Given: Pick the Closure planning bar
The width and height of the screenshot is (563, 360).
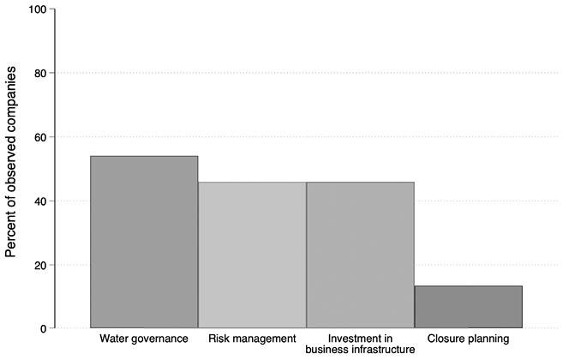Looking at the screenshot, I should point(468,307).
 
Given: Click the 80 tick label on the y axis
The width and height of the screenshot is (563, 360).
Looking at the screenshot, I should point(39,74).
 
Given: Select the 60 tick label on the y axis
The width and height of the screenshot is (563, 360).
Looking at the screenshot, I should point(39,137).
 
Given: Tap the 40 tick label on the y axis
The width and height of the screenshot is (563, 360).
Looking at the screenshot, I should point(39,201).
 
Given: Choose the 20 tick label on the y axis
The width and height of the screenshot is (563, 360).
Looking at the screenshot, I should point(39,265).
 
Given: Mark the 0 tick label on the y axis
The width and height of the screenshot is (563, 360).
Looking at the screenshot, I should point(43,328).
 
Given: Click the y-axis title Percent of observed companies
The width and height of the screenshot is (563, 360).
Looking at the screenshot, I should point(12,169).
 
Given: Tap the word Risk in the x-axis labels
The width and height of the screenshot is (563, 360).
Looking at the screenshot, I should point(220,339).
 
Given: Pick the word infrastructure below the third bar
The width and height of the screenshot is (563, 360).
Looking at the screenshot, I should point(381,350).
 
